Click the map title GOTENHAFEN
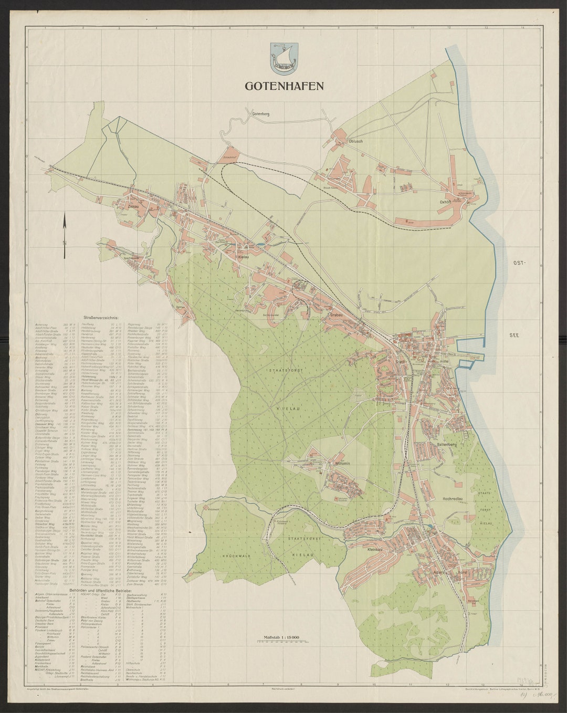point(283,86)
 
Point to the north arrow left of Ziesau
point(65,228)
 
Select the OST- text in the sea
point(519,262)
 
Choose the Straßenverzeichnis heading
point(100,318)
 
